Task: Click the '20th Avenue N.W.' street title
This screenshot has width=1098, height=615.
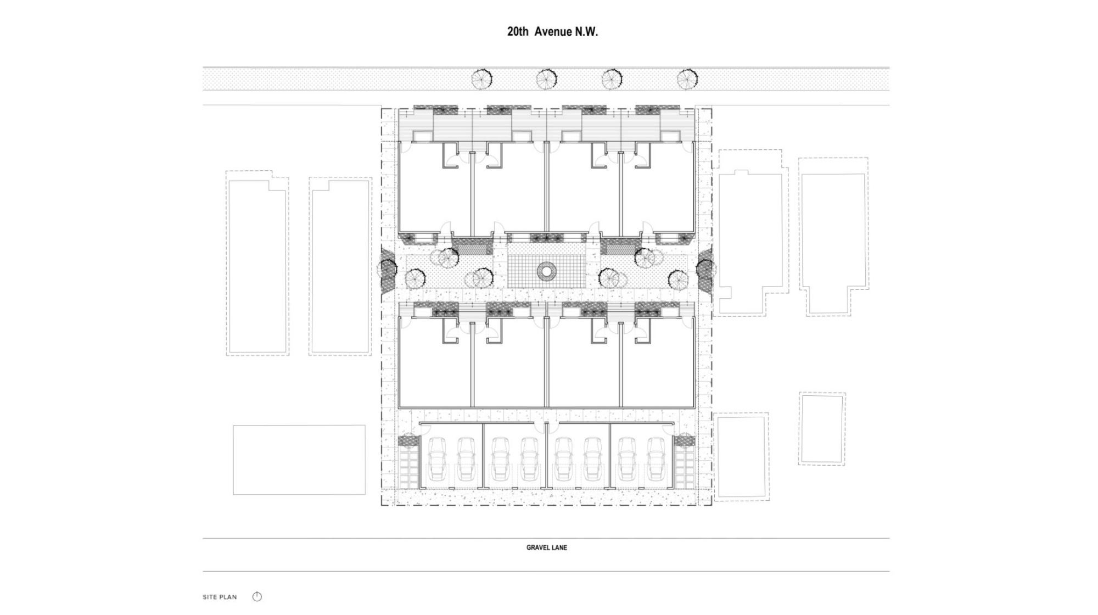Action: tap(552, 32)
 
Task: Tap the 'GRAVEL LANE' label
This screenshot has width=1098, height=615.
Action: tap(546, 547)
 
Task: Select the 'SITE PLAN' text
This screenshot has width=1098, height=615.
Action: tap(220, 597)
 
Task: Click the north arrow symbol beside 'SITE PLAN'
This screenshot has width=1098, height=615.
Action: tap(257, 597)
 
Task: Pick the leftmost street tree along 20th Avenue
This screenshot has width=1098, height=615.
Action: tap(481, 80)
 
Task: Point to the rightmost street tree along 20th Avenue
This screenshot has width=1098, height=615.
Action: tap(687, 80)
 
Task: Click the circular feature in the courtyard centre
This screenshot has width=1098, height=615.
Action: tap(547, 270)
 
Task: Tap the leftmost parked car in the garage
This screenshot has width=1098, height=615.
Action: tap(438, 458)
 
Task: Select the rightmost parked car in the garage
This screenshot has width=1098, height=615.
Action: tap(656, 458)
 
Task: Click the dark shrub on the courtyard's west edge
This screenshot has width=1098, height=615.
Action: tap(388, 269)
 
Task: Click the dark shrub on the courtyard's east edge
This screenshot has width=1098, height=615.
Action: tap(705, 269)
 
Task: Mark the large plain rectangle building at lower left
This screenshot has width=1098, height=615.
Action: tap(299, 460)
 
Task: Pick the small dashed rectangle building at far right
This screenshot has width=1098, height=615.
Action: tap(822, 429)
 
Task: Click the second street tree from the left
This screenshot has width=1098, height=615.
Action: tap(547, 80)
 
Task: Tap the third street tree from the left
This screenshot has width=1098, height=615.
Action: tap(612, 80)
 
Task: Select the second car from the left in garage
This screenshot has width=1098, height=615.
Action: tap(466, 458)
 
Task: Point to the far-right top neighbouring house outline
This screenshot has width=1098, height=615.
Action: tap(833, 231)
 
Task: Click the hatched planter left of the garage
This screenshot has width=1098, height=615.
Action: tap(408, 440)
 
